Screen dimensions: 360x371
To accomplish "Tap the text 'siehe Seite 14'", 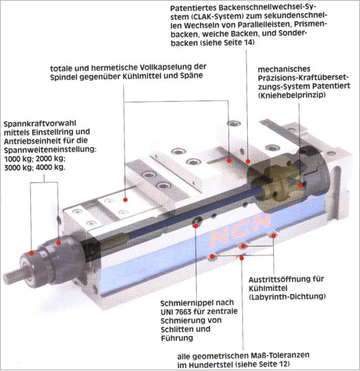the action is coord(226,43).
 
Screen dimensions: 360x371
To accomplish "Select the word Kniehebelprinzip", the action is coord(292,95).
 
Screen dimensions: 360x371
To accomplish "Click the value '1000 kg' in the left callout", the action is coord(19,159).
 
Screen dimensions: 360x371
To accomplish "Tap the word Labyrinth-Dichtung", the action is coord(287,297).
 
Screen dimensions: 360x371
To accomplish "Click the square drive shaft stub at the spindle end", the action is coord(12,275).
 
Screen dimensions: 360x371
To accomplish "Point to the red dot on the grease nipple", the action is coord(195,226).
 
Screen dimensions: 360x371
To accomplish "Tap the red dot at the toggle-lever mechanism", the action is coord(300,186).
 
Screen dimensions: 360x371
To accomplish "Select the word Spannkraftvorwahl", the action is coord(40,123).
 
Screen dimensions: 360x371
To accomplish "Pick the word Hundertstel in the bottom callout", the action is coord(211,364).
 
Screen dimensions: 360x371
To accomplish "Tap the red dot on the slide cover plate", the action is coord(125,200).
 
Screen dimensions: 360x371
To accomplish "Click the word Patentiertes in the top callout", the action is coord(193,8).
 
